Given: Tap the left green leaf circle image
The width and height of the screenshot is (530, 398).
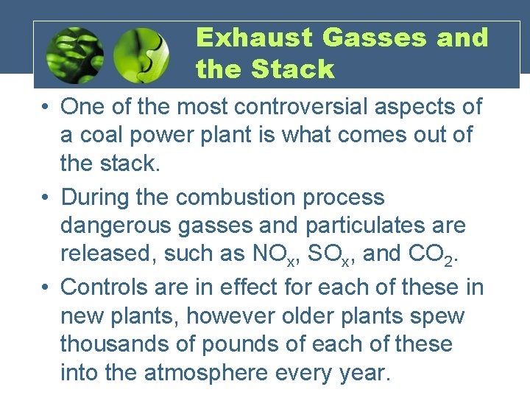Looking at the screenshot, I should [x=74, y=56].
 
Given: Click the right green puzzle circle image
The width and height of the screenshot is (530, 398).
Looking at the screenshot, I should [x=143, y=56].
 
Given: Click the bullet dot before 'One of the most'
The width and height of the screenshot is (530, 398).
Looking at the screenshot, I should [x=46, y=108].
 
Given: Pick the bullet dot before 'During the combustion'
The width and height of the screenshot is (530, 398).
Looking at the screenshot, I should [x=46, y=198].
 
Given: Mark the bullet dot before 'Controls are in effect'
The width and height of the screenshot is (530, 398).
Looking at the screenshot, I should [x=46, y=287].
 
